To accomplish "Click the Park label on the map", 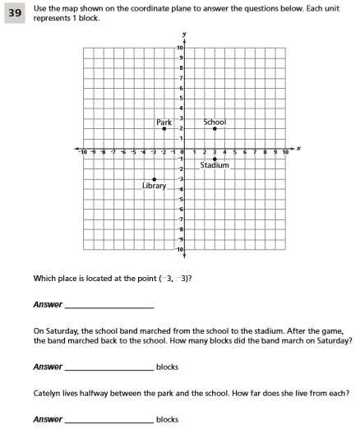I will coord(164,122).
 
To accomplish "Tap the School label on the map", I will coord(215,122).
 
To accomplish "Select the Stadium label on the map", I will coord(215,165).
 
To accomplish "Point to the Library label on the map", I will coord(154,186).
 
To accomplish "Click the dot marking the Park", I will coord(164,129).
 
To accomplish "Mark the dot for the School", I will coord(215,129).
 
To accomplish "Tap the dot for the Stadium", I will coord(215,159).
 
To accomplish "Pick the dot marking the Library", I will coord(154,179).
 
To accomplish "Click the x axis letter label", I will coord(299,149).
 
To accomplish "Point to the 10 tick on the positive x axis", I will coord(285,153).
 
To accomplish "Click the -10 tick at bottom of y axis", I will coord(179,248).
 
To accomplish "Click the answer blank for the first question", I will coord(108,305).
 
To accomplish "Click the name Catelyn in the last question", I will coord(48,394).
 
